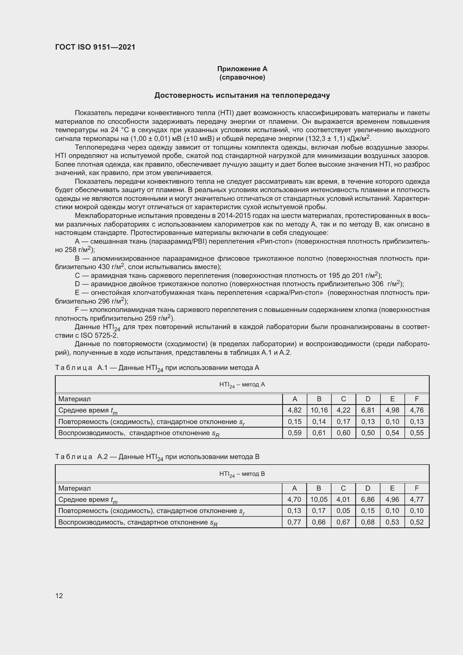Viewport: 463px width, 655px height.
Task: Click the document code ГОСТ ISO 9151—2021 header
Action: coord(95,47)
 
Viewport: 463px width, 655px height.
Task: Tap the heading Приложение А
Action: coord(242,69)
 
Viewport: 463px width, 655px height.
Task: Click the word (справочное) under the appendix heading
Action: coord(242,77)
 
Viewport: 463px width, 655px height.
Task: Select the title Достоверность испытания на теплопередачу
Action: coord(242,95)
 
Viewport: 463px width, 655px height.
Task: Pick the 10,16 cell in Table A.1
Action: coord(319,410)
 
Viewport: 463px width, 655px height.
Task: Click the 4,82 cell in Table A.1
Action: coord(294,410)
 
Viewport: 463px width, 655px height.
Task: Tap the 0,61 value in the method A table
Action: coord(319,433)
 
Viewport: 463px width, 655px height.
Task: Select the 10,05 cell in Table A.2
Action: coord(319,500)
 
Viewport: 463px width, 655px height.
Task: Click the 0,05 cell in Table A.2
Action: coord(343,511)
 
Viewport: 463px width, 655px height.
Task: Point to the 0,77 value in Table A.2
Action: coord(294,522)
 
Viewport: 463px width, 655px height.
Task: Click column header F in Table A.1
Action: coord(417,399)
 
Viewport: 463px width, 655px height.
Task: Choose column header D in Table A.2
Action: coord(368,488)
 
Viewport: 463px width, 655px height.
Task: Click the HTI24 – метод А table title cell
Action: coord(242,384)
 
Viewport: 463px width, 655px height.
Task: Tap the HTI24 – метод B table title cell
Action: coord(242,474)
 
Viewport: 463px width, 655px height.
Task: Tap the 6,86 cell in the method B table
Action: coord(368,500)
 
